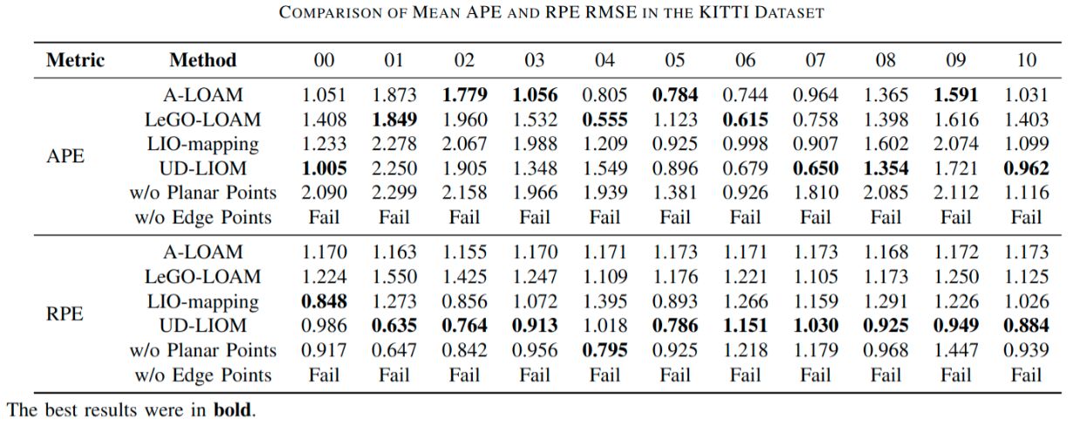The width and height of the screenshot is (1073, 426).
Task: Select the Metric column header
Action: point(75,60)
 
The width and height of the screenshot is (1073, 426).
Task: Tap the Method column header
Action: point(202,60)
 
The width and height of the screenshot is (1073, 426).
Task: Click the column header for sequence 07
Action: point(815,60)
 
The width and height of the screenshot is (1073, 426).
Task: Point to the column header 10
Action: point(1027,60)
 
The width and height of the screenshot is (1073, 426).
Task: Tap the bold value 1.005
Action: point(324,168)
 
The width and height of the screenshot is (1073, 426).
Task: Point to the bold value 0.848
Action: point(324,302)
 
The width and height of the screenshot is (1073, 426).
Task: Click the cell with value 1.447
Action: point(956,351)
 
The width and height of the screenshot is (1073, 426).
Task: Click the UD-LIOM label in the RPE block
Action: point(202,326)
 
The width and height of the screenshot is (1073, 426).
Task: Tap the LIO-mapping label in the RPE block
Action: point(202,302)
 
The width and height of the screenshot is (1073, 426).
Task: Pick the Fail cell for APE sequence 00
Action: point(324,217)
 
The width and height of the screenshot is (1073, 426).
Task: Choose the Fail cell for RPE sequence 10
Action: point(1027,375)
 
